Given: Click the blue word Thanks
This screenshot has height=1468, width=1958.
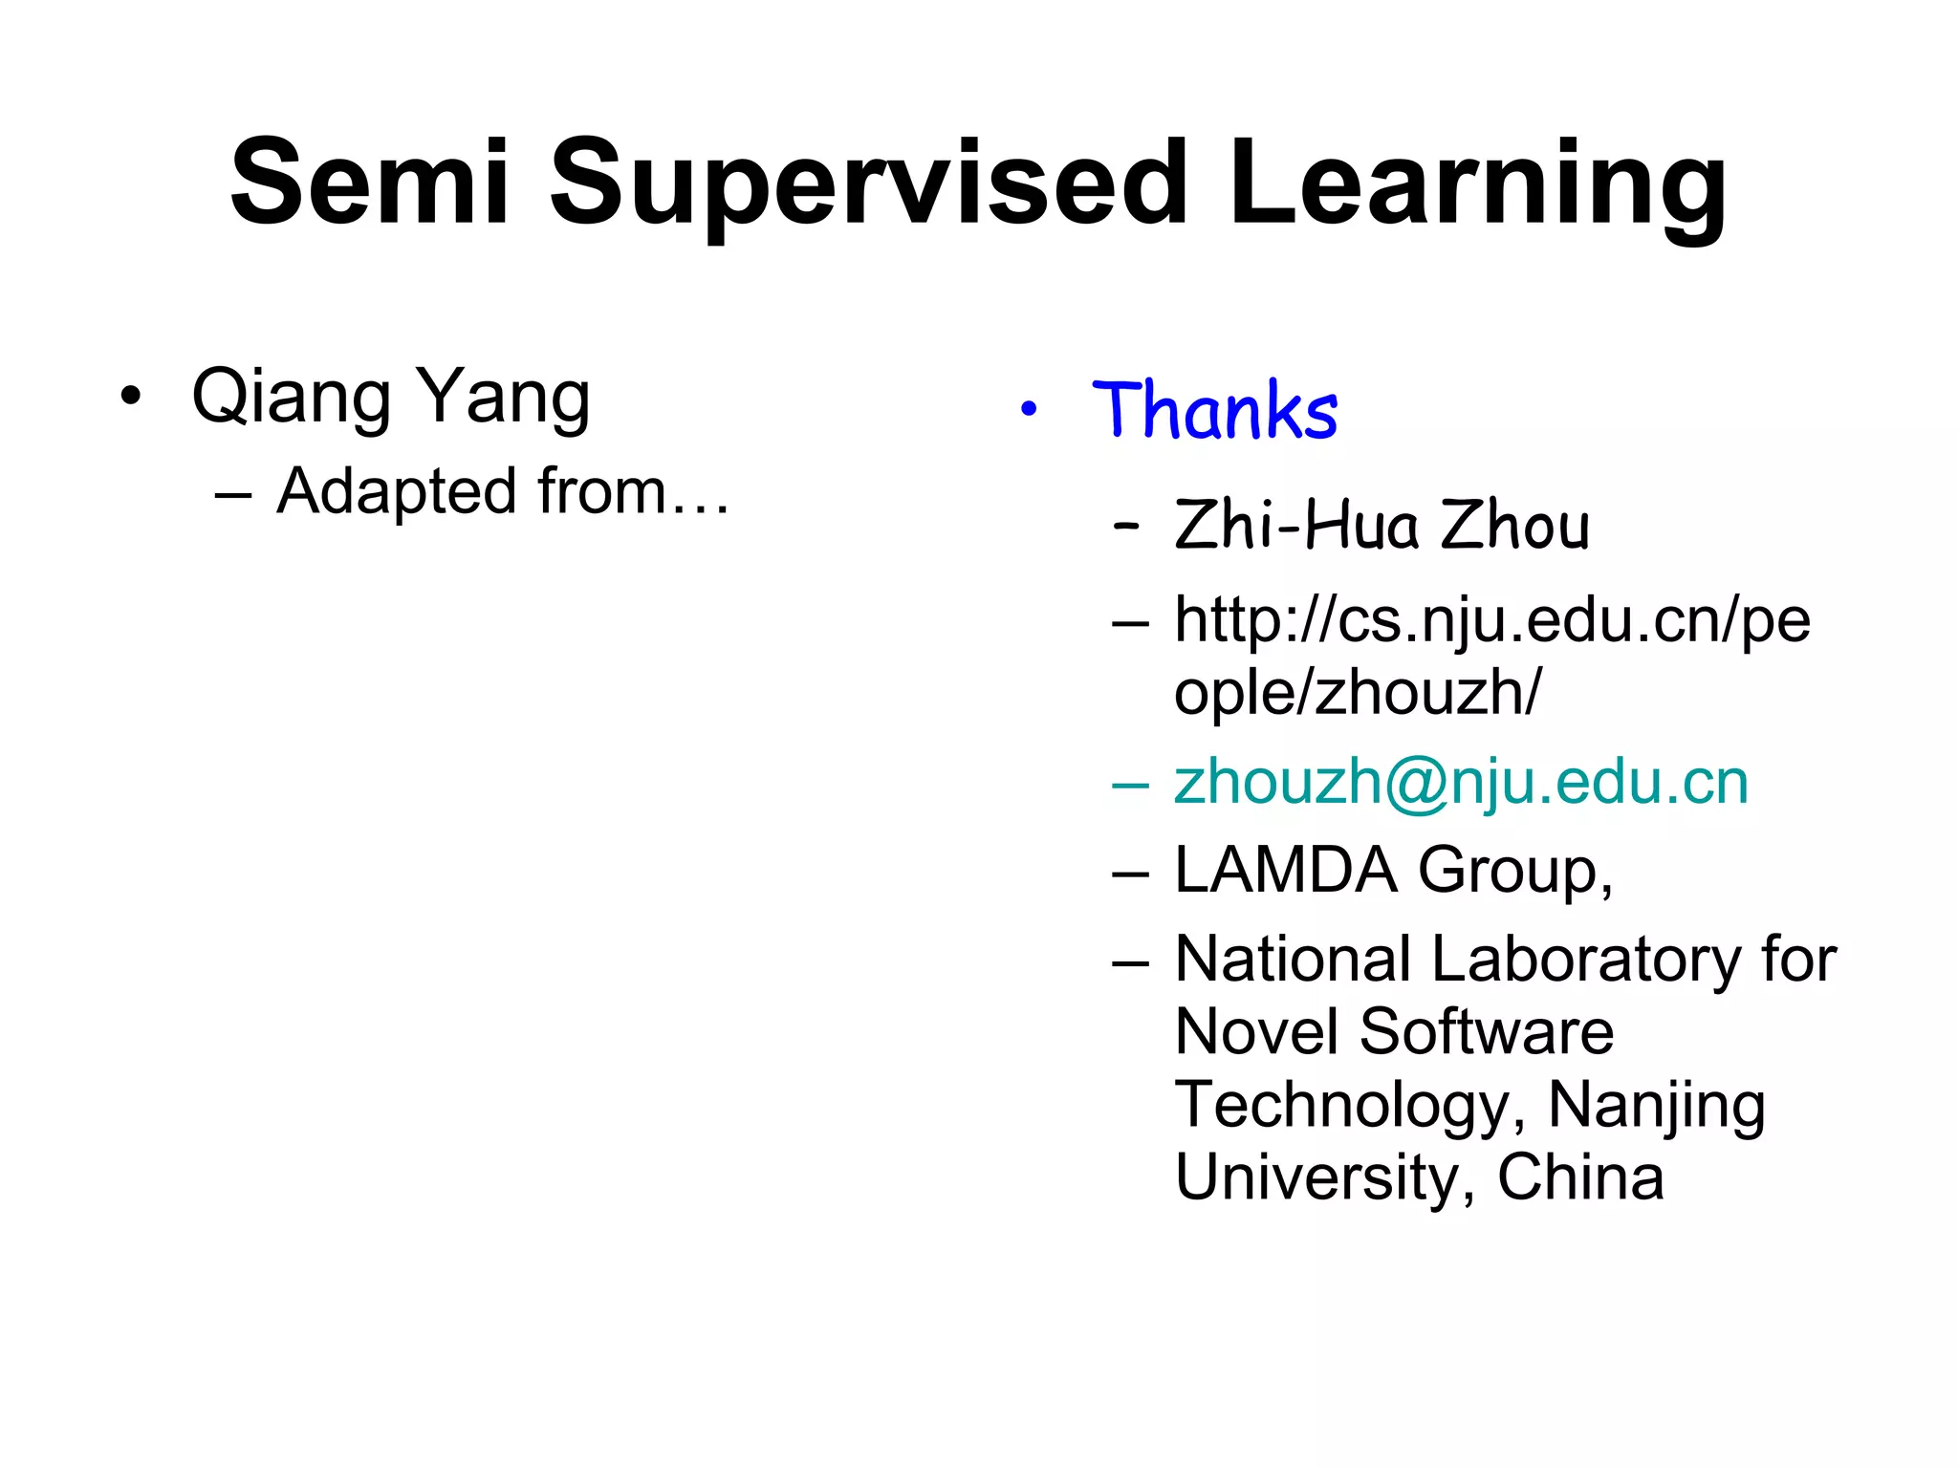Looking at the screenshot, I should pyautogui.click(x=1214, y=411).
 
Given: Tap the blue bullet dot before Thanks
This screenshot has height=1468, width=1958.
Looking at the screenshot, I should pyautogui.click(x=1029, y=410).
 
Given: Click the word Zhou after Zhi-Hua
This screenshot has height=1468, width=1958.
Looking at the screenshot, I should pyautogui.click(x=1515, y=526).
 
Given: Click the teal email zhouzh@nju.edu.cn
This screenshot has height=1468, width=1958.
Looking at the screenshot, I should pyautogui.click(x=1461, y=784).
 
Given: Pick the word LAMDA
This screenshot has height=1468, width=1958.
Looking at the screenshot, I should pyautogui.click(x=1285, y=870).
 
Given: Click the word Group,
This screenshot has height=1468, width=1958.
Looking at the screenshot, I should pyautogui.click(x=1515, y=872).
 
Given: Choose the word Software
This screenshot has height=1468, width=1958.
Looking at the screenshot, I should pyautogui.click(x=1487, y=1032).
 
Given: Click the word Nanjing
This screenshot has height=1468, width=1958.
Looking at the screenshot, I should pyautogui.click(x=1656, y=1107).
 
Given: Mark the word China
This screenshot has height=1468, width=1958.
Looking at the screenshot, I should pyautogui.click(x=1580, y=1177).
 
